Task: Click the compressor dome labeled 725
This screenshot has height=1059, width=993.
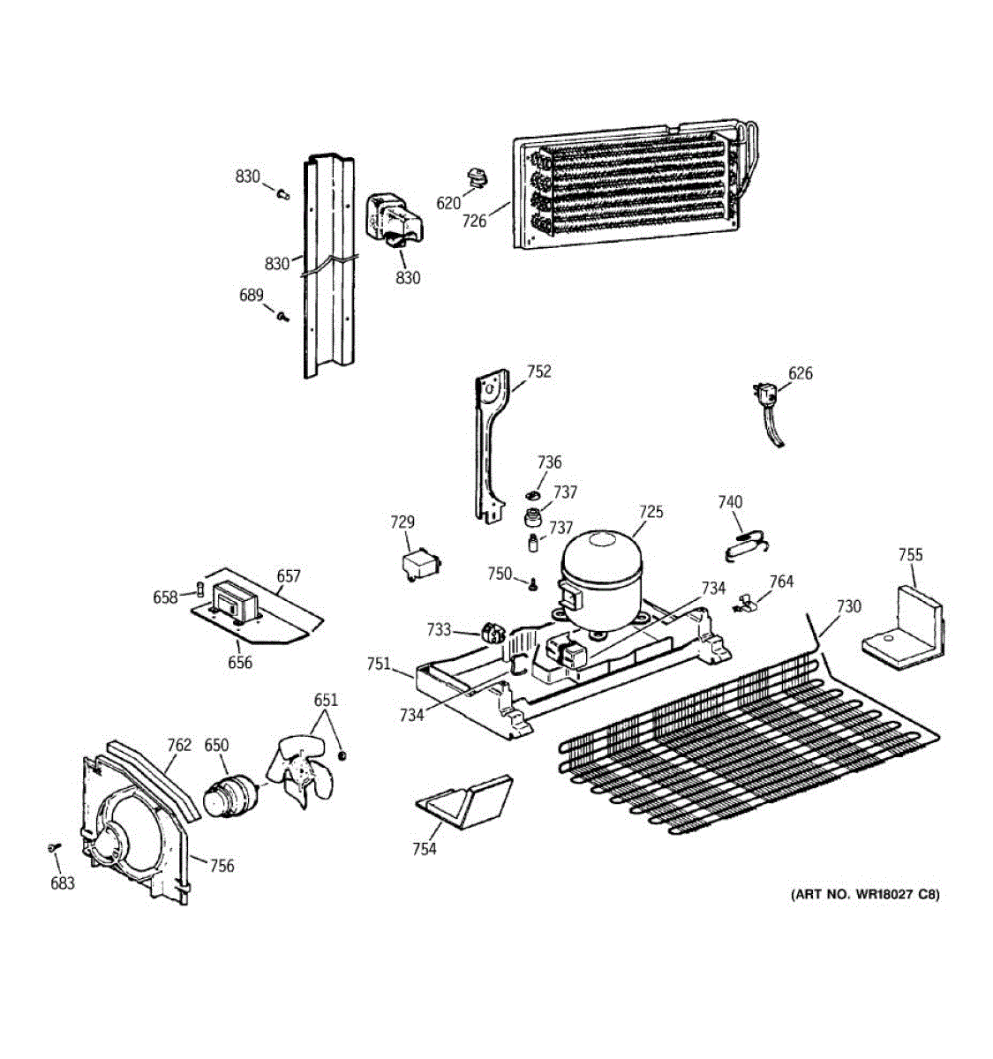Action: tap(600, 574)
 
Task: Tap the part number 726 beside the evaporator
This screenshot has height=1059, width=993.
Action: tap(474, 221)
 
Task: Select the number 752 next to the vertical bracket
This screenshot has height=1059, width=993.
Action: tap(538, 372)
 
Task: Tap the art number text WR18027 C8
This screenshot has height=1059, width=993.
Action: tap(865, 894)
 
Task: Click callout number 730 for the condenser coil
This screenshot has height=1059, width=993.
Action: tap(848, 606)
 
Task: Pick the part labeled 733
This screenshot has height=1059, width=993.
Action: tap(491, 632)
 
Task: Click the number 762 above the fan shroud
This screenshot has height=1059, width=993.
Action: tap(179, 745)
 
